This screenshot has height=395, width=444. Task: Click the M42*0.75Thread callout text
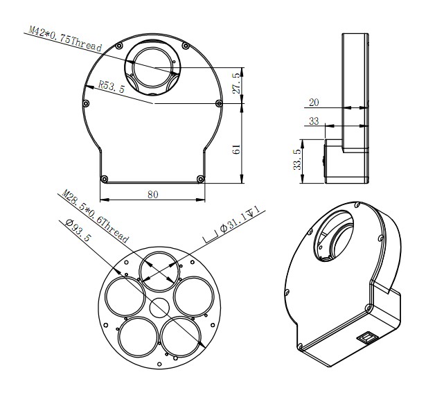(66, 39)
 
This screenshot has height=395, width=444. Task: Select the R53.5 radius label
(111, 87)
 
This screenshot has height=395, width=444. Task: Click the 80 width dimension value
(152, 195)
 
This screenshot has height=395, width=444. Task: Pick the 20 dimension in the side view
(315, 102)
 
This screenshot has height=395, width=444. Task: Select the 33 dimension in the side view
(315, 121)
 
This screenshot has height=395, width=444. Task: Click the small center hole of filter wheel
(158, 306)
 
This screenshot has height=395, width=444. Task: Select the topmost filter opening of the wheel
(159, 270)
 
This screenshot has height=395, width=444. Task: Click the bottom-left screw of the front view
(103, 178)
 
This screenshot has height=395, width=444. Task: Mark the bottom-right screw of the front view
(201, 178)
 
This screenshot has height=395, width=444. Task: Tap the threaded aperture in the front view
(152, 67)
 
